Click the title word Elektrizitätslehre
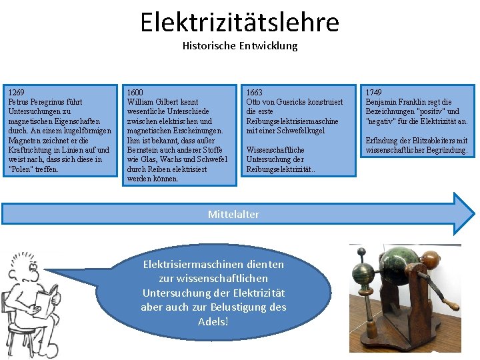[x=239, y=22]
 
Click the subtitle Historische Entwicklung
[x=240, y=46]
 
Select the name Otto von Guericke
[x=273, y=102]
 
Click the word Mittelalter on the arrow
[x=233, y=214]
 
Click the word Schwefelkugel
[x=304, y=131]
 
